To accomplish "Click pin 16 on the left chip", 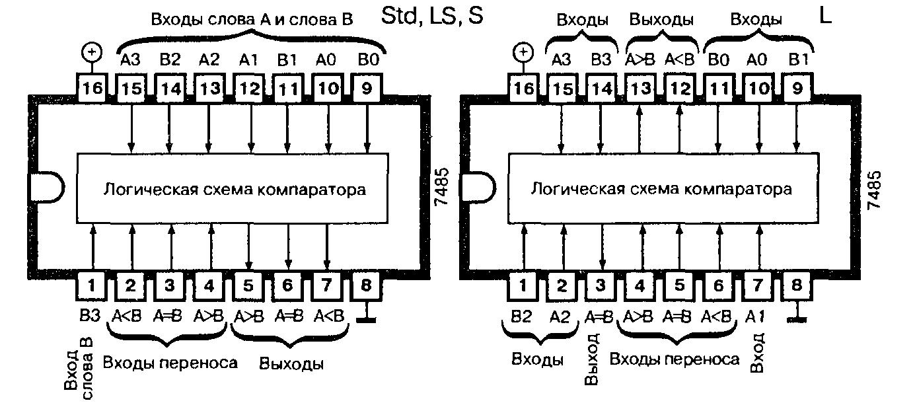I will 93,89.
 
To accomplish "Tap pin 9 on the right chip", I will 797,89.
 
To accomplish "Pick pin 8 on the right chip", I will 797,286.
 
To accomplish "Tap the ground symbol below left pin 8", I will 367,320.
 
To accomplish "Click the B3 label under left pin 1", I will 91,316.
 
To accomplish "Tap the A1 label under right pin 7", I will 758,316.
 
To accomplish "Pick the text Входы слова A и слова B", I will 252,19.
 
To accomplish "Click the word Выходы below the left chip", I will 291,364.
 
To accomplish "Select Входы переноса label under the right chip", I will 674,359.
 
